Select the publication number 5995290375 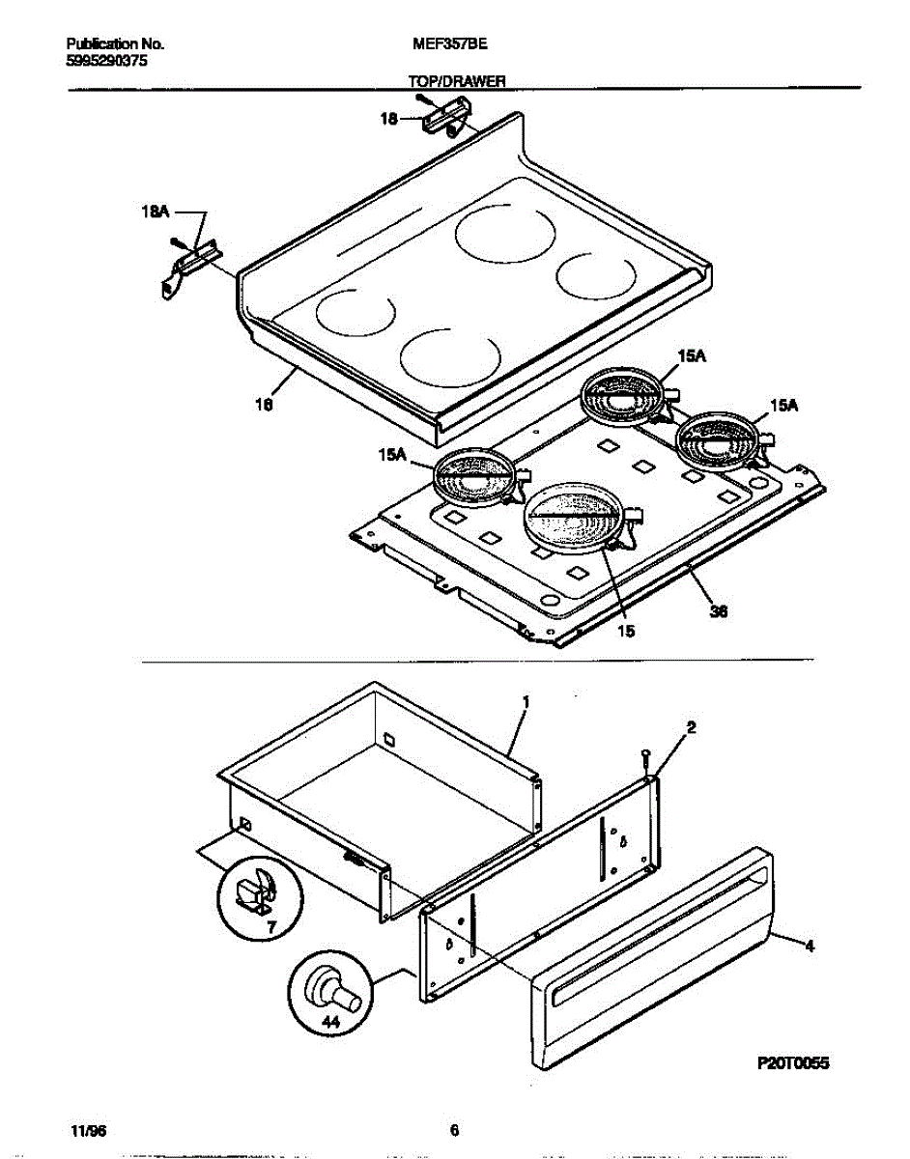pyautogui.click(x=108, y=60)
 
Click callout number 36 pyautogui.click(x=718, y=610)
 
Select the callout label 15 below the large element pyautogui.click(x=625, y=631)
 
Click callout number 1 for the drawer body pyautogui.click(x=525, y=703)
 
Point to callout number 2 pyautogui.click(x=692, y=727)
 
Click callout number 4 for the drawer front pyautogui.click(x=809, y=947)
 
